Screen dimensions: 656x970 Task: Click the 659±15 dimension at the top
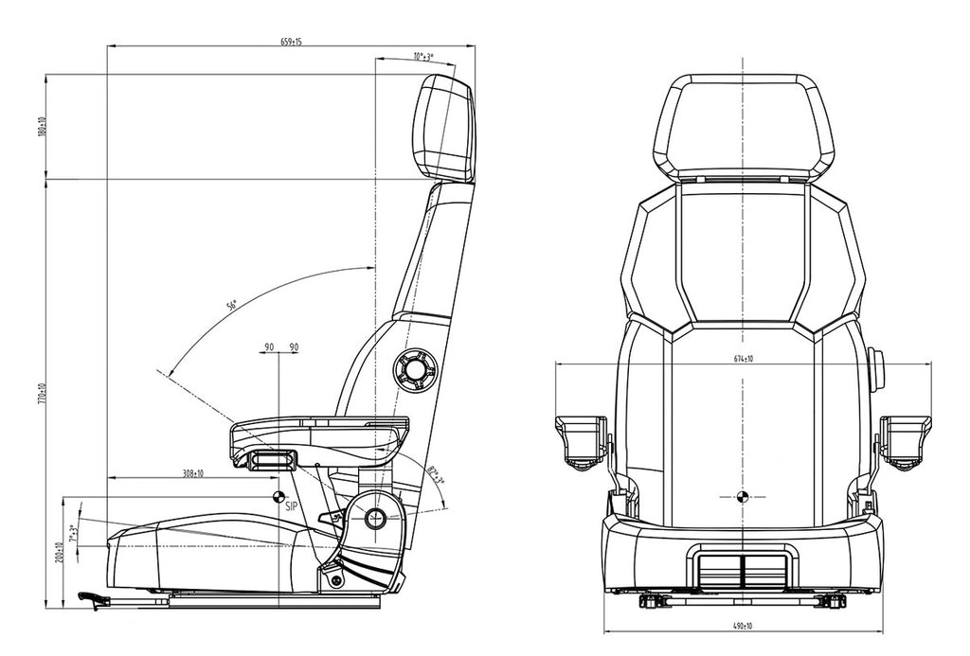[292, 41]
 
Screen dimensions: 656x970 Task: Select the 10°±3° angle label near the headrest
[423, 57]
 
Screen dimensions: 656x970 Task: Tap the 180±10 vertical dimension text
[41, 126]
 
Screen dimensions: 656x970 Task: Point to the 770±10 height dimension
[41, 392]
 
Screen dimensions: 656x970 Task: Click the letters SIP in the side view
[292, 507]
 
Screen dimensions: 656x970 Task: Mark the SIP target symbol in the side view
[278, 496]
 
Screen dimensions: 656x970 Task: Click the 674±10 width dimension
[743, 359]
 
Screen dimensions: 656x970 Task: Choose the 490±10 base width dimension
[744, 626]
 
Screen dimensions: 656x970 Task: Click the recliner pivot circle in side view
[374, 518]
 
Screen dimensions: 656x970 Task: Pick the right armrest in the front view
[905, 439]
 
